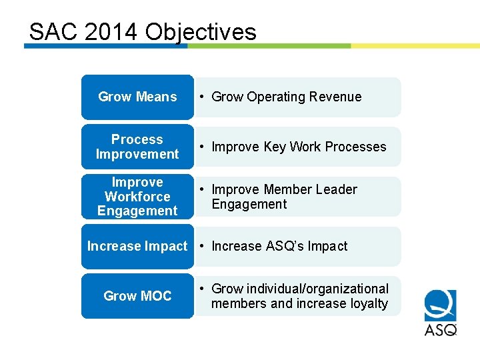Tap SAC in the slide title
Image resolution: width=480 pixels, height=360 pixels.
click(53, 32)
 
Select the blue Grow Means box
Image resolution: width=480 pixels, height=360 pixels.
click(137, 97)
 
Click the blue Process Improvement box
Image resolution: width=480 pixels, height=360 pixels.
click(137, 147)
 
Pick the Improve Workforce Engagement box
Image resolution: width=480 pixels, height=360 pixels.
click(137, 197)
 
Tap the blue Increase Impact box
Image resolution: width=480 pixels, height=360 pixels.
click(137, 247)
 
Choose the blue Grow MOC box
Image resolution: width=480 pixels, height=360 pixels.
click(137, 296)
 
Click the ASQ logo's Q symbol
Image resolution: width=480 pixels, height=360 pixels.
click(441, 306)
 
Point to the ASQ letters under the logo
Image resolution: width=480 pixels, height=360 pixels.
click(441, 329)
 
